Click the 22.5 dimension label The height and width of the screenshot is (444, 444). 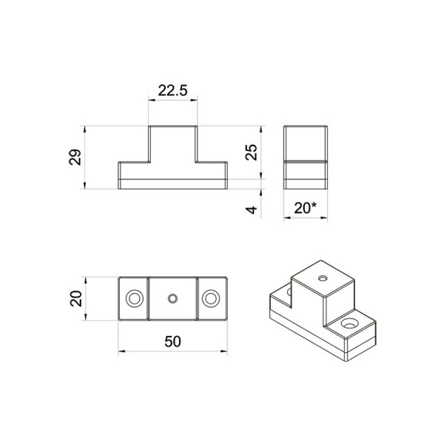pos(172,90)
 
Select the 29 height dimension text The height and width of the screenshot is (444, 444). pos(75,157)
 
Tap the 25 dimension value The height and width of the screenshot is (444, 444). pos(251,152)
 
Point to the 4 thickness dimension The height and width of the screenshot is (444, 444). pos(251,210)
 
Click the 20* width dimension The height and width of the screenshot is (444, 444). pos(305,208)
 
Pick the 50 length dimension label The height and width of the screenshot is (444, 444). pos(172,341)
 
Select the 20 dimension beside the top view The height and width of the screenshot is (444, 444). pos(76,299)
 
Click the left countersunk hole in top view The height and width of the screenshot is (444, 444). pos(135,298)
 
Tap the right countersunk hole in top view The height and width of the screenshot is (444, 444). pos(211,298)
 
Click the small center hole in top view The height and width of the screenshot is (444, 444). pos(172,298)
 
